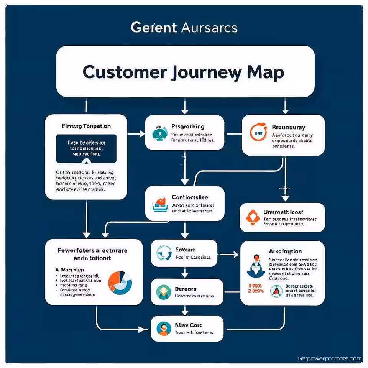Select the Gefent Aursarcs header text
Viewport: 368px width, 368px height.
point(184,28)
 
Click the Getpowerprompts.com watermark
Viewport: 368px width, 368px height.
point(329,359)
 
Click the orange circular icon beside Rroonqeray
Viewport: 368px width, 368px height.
point(258,133)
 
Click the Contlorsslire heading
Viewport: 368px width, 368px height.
point(190,197)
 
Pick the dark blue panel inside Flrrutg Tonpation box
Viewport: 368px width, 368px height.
point(86,148)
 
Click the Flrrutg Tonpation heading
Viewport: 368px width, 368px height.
point(86,126)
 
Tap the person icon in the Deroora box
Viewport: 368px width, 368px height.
point(164,292)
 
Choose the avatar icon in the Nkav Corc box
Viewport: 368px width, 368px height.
point(164,329)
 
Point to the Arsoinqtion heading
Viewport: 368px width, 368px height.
point(285,251)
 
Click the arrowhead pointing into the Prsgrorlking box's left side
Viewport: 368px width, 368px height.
point(143,134)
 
